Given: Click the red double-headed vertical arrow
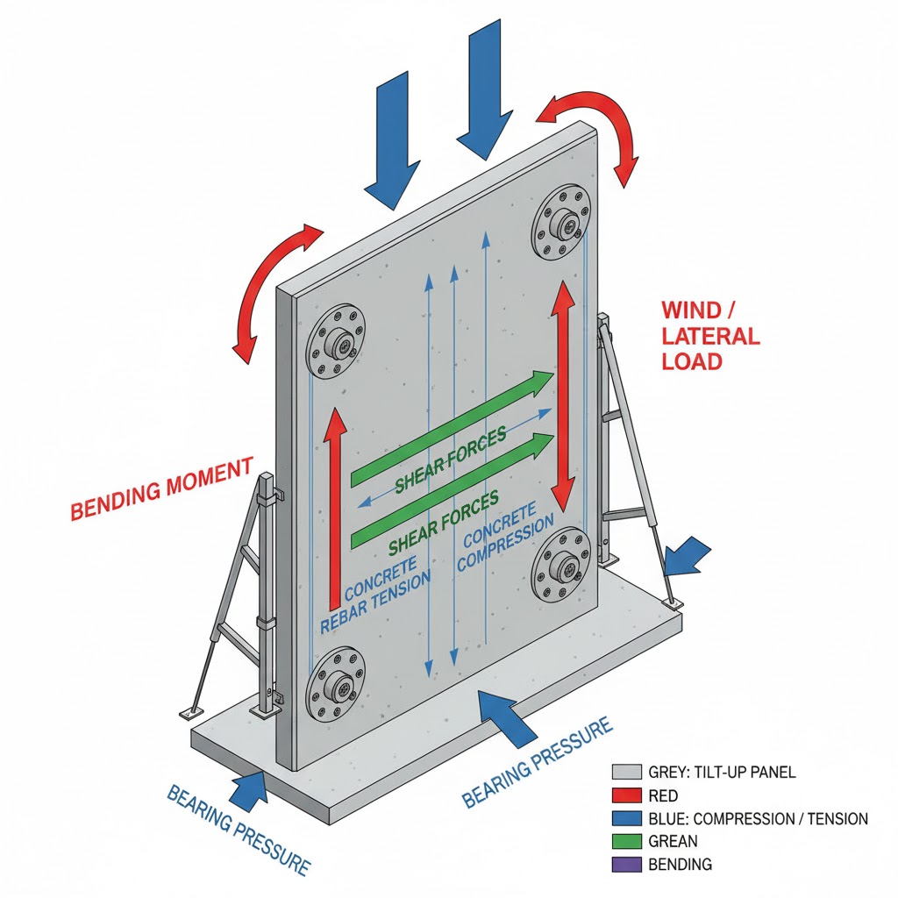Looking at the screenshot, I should (560, 395).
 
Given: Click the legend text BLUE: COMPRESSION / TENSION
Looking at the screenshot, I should (758, 818).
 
